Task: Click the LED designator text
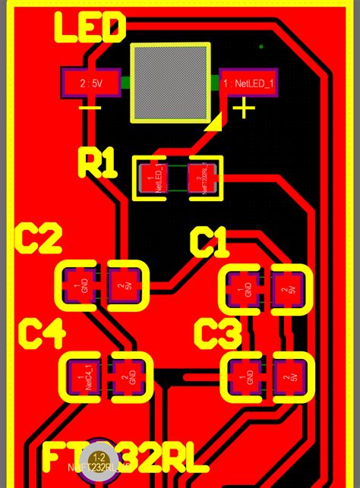pyautogui.click(x=89, y=30)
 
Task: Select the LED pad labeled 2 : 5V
pyautogui.click(x=90, y=84)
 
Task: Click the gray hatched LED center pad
pyautogui.click(x=170, y=83)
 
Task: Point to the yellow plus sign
pyautogui.click(x=244, y=109)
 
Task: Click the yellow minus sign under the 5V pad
pyautogui.click(x=90, y=108)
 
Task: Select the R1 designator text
pyautogui.click(x=98, y=163)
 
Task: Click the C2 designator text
pyautogui.click(x=39, y=241)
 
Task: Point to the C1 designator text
pyautogui.click(x=208, y=244)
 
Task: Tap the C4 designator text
pyautogui.click(x=42, y=333)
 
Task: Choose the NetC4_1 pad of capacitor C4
pyautogui.click(x=83, y=377)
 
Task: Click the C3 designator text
pyautogui.click(x=217, y=334)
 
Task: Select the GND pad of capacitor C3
pyautogui.click(x=245, y=377)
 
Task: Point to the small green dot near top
pyautogui.click(x=261, y=47)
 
